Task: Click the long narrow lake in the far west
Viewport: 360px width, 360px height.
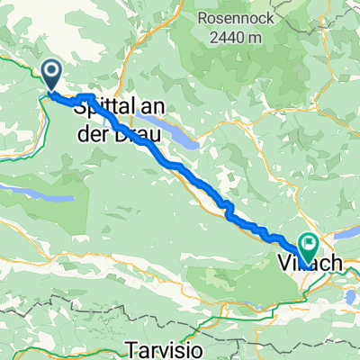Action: click(x=36, y=193)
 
